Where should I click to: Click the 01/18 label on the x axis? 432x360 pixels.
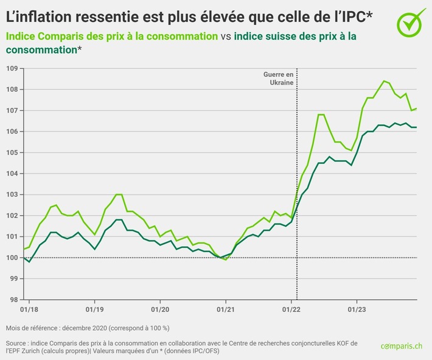click(x=28, y=308)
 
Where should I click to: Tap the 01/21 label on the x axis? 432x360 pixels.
click(x=225, y=308)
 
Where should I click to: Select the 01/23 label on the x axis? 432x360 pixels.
click(x=357, y=308)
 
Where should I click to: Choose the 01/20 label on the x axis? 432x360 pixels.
click(x=159, y=308)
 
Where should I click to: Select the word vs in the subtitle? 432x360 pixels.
click(x=225, y=36)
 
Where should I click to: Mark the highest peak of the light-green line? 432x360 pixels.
click(x=384, y=81)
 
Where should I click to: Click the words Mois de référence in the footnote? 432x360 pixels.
click(x=33, y=327)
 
